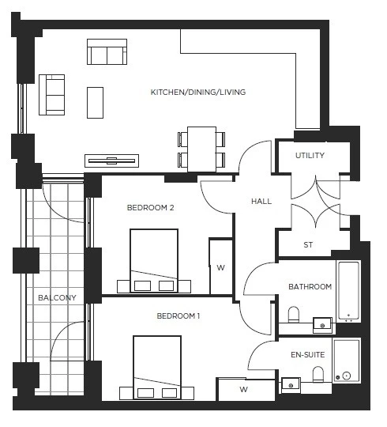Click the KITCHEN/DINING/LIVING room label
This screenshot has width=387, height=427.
[198, 93]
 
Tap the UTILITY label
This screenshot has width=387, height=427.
[310, 156]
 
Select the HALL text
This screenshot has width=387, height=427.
[261, 202]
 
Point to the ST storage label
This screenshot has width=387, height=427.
[308, 245]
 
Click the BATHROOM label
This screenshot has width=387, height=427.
[310, 287]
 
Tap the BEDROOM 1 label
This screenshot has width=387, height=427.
[178, 316]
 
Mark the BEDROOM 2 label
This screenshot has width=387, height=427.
[150, 208]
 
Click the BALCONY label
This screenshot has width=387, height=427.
[57, 298]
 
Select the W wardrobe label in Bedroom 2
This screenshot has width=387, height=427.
[220, 268]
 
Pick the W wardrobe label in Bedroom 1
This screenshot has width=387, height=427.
[244, 389]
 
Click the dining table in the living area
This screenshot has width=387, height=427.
[201, 148]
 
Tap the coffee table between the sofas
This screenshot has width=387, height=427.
[96, 101]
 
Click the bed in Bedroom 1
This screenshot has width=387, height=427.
[157, 367]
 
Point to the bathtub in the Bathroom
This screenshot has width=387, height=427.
[348, 291]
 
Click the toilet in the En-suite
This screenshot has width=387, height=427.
[319, 373]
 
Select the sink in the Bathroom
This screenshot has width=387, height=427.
[322, 323]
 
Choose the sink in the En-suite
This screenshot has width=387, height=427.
[291, 386]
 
